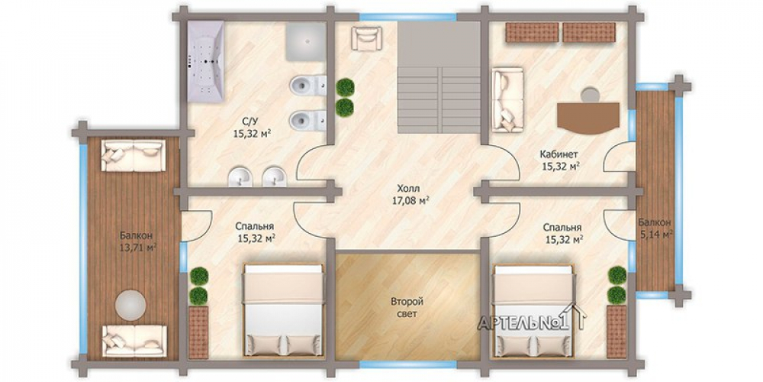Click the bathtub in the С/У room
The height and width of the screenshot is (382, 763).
[x=205, y=61]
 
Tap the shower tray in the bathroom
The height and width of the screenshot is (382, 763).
[x=306, y=42]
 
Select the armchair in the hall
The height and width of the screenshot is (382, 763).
[x=366, y=38]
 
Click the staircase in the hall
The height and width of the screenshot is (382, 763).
[x=439, y=77]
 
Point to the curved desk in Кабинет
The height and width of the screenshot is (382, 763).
[x=588, y=118]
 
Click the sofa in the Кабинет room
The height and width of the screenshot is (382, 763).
[x=507, y=100]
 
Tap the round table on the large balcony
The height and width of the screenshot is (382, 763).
[x=130, y=305]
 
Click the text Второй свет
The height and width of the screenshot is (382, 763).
[x=404, y=308]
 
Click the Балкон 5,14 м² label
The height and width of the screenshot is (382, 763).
[x=655, y=228]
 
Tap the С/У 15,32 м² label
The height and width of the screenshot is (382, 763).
[x=252, y=128]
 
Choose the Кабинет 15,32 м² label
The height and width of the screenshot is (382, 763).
[x=560, y=160]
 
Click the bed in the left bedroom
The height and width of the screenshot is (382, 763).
[x=283, y=310]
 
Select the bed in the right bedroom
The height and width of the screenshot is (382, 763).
[x=534, y=310]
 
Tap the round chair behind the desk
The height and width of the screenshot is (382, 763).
[x=591, y=95]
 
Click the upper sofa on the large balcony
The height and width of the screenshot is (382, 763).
[x=133, y=155]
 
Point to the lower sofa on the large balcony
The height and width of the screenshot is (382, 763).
[x=134, y=342]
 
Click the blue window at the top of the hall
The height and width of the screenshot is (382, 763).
[x=407, y=17]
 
